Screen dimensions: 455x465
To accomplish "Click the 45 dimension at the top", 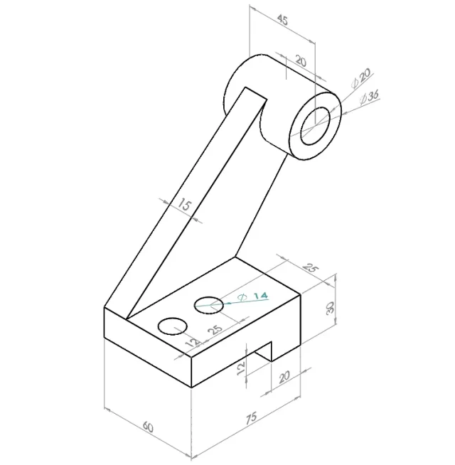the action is [282, 20].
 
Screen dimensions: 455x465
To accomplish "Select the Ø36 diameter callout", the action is [369, 97].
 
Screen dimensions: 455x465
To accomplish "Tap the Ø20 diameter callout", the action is [360, 77].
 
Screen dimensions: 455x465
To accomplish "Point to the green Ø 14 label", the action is [253, 296].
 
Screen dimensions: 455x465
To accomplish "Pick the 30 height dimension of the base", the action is [330, 308].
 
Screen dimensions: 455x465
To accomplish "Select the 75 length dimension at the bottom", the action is [251, 417].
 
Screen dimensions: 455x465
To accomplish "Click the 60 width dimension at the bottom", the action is [148, 427].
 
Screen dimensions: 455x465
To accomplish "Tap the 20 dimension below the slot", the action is [284, 377].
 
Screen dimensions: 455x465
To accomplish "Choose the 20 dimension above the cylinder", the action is [301, 61].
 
